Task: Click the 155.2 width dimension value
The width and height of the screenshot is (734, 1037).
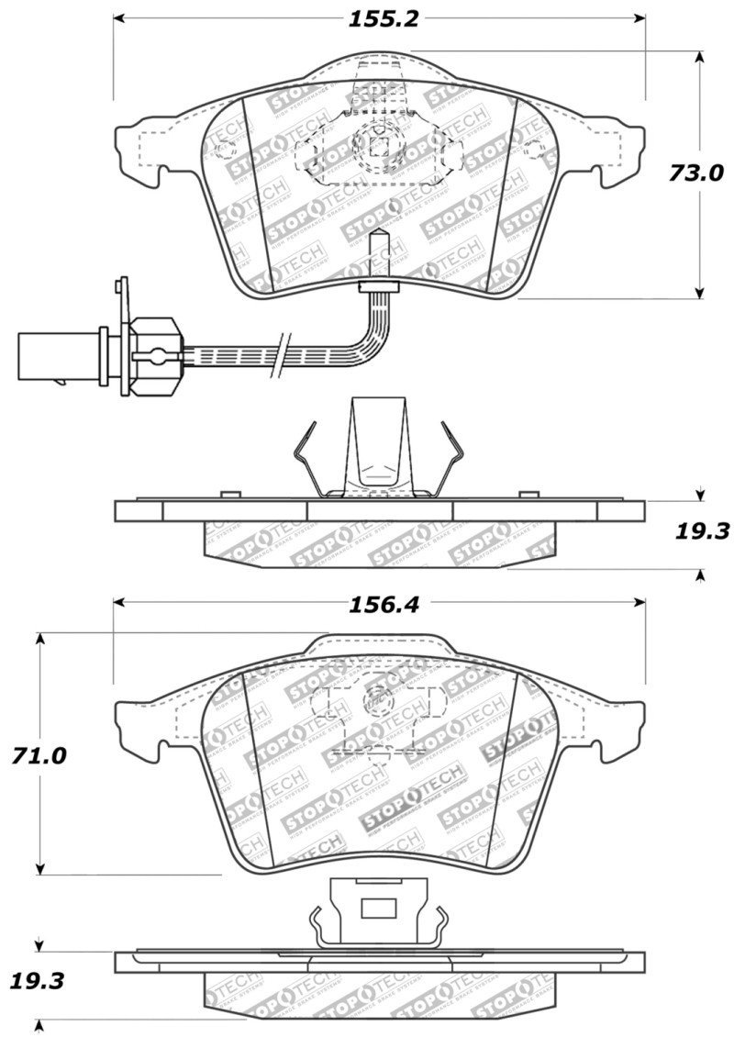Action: [378, 18]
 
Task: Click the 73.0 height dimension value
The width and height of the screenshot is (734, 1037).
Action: [695, 173]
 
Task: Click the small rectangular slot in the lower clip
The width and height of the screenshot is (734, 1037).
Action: [377, 909]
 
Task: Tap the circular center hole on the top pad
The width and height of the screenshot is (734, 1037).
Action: [377, 144]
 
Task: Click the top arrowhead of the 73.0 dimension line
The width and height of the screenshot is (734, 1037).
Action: [700, 57]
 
